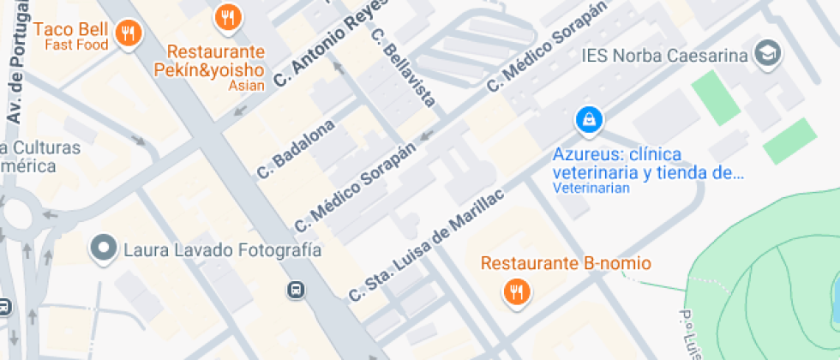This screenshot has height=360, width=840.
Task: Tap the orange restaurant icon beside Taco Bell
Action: [129, 33]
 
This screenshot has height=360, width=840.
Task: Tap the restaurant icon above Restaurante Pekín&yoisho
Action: [227, 16]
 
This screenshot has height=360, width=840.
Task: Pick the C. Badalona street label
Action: [296, 149]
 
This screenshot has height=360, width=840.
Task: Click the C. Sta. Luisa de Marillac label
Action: [427, 243]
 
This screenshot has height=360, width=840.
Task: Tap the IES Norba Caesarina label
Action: [665, 56]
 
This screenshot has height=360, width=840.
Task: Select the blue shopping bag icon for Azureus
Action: [590, 119]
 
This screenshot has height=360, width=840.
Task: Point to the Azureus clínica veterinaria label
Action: [647, 163]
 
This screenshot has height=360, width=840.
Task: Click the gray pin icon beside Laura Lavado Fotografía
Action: [105, 249]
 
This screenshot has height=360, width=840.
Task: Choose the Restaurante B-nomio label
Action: [565, 263]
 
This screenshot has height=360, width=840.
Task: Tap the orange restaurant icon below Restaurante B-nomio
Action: [516, 292]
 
